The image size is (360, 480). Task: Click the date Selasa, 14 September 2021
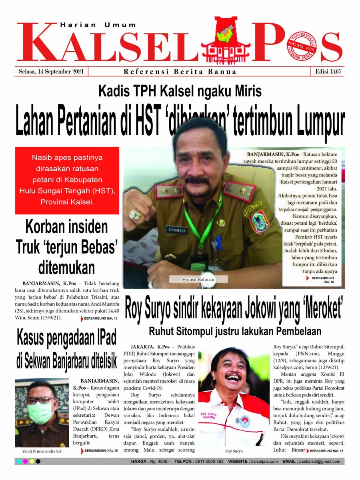click(x=51, y=72)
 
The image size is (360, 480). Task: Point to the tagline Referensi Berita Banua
click(x=180, y=72)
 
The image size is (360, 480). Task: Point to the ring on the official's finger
click(x=135, y=215)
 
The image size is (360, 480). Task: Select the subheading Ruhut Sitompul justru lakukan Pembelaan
click(x=235, y=331)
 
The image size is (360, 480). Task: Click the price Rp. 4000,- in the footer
click(x=159, y=461)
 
